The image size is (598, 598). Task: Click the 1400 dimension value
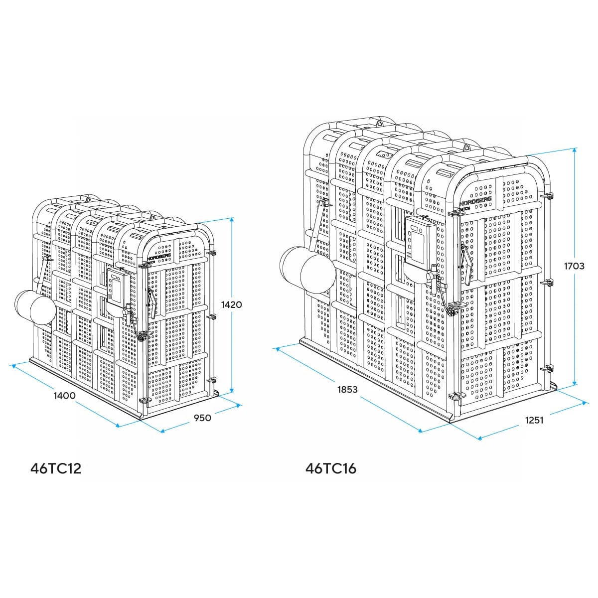click(x=64, y=396)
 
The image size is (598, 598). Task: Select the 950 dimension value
click(x=202, y=418)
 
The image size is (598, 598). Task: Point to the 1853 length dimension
click(x=347, y=389)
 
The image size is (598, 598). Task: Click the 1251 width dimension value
click(x=534, y=420)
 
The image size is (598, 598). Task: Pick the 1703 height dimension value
click(x=574, y=266)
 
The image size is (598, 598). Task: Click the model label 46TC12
click(x=56, y=468)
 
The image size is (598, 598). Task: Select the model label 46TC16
click(x=331, y=468)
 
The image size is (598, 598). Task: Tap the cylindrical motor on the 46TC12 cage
click(x=36, y=307)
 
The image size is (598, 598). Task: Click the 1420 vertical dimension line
click(x=232, y=349)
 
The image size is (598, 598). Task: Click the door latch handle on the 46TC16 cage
click(x=464, y=259)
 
